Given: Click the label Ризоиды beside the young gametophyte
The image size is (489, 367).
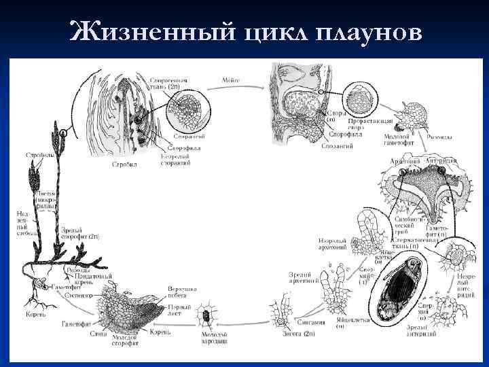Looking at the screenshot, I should pyautogui.click(x=437, y=137).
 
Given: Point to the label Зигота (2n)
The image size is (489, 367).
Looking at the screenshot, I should pyautogui.click(x=298, y=334).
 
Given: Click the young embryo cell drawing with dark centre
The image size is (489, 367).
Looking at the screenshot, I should pyautogui.click(x=204, y=315).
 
